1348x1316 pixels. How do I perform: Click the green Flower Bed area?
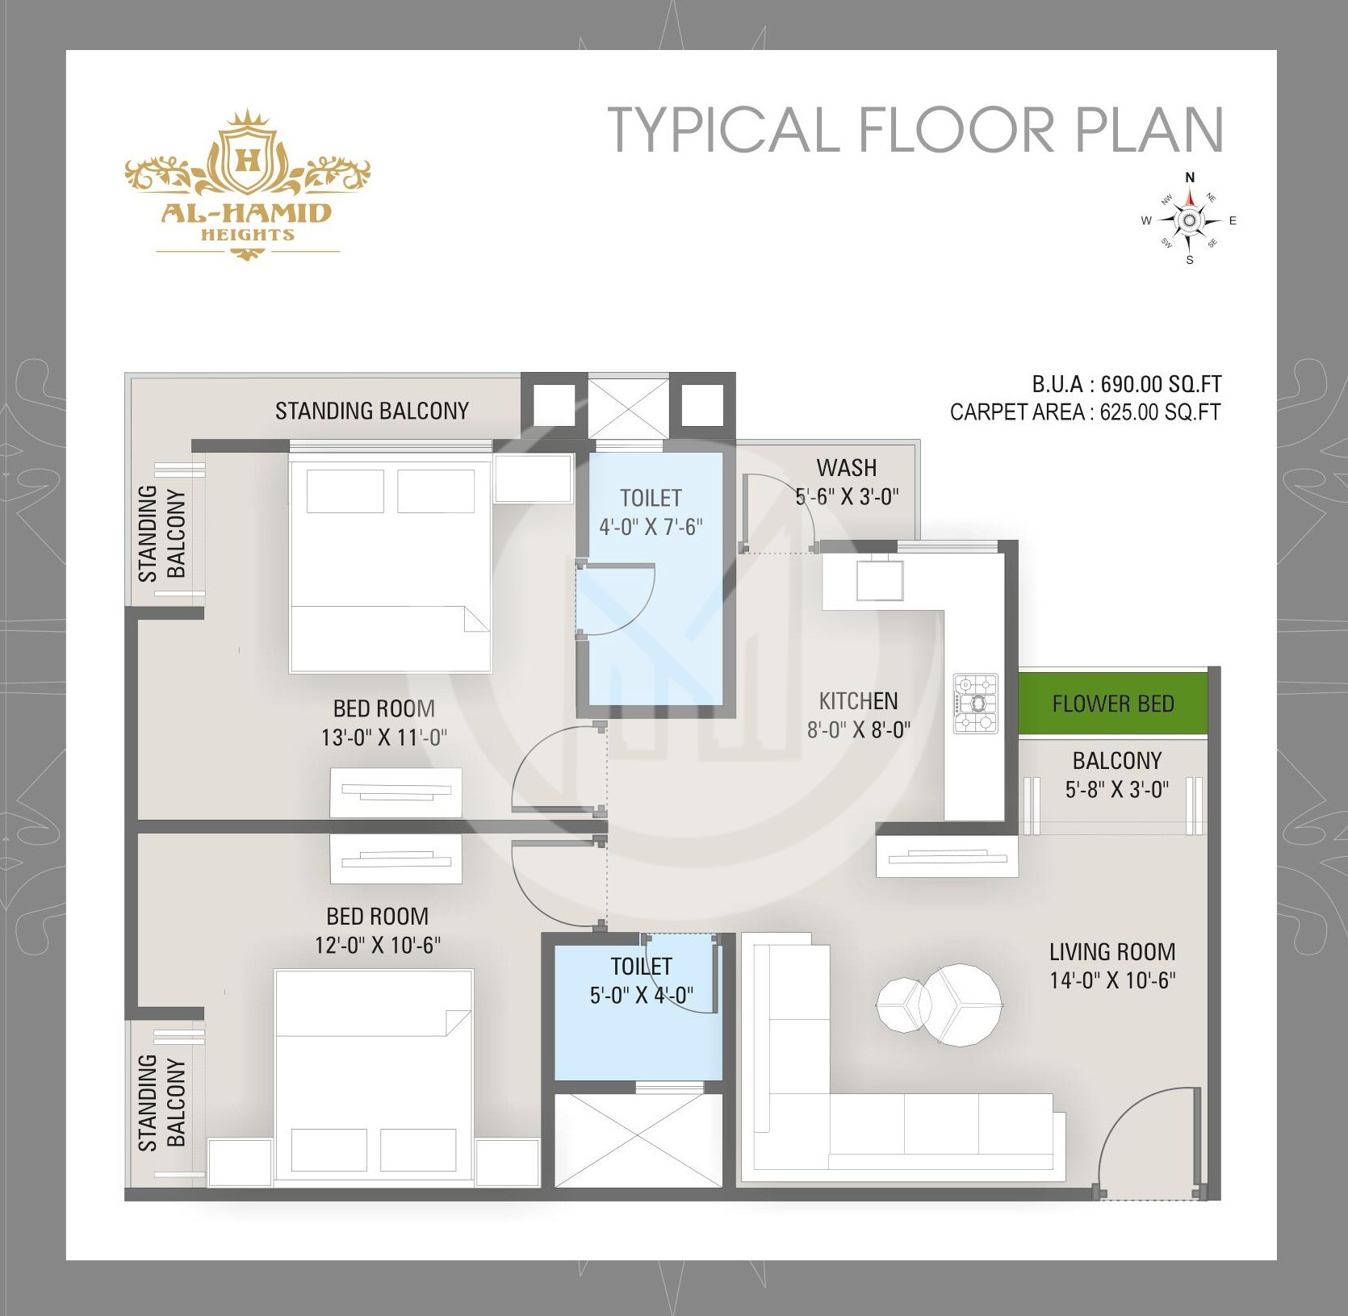click(x=1112, y=704)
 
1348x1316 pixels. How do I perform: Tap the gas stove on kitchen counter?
click(x=976, y=703)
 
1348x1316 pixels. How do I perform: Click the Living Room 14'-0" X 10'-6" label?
click(x=1111, y=966)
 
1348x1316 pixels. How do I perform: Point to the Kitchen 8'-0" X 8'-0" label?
click(x=858, y=715)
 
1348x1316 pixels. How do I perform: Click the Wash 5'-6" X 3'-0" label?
click(x=847, y=482)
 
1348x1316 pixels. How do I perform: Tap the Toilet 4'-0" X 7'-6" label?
click(x=651, y=512)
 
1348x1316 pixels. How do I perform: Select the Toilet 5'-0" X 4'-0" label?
click(x=642, y=980)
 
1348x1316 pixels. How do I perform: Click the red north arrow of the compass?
click(x=1190, y=200)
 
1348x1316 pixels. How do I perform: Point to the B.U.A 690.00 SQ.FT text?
click(x=1126, y=383)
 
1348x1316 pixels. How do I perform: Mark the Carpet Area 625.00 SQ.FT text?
click(x=1085, y=412)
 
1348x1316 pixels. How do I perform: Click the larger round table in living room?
click(x=963, y=1005)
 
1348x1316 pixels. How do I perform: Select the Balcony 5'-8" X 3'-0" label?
click(x=1116, y=775)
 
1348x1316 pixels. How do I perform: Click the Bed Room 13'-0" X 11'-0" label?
click(x=384, y=723)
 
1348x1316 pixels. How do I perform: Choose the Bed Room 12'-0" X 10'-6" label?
click(x=378, y=930)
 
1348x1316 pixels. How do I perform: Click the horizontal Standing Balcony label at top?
click(x=372, y=411)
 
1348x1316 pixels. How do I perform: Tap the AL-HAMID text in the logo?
click(x=248, y=213)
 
